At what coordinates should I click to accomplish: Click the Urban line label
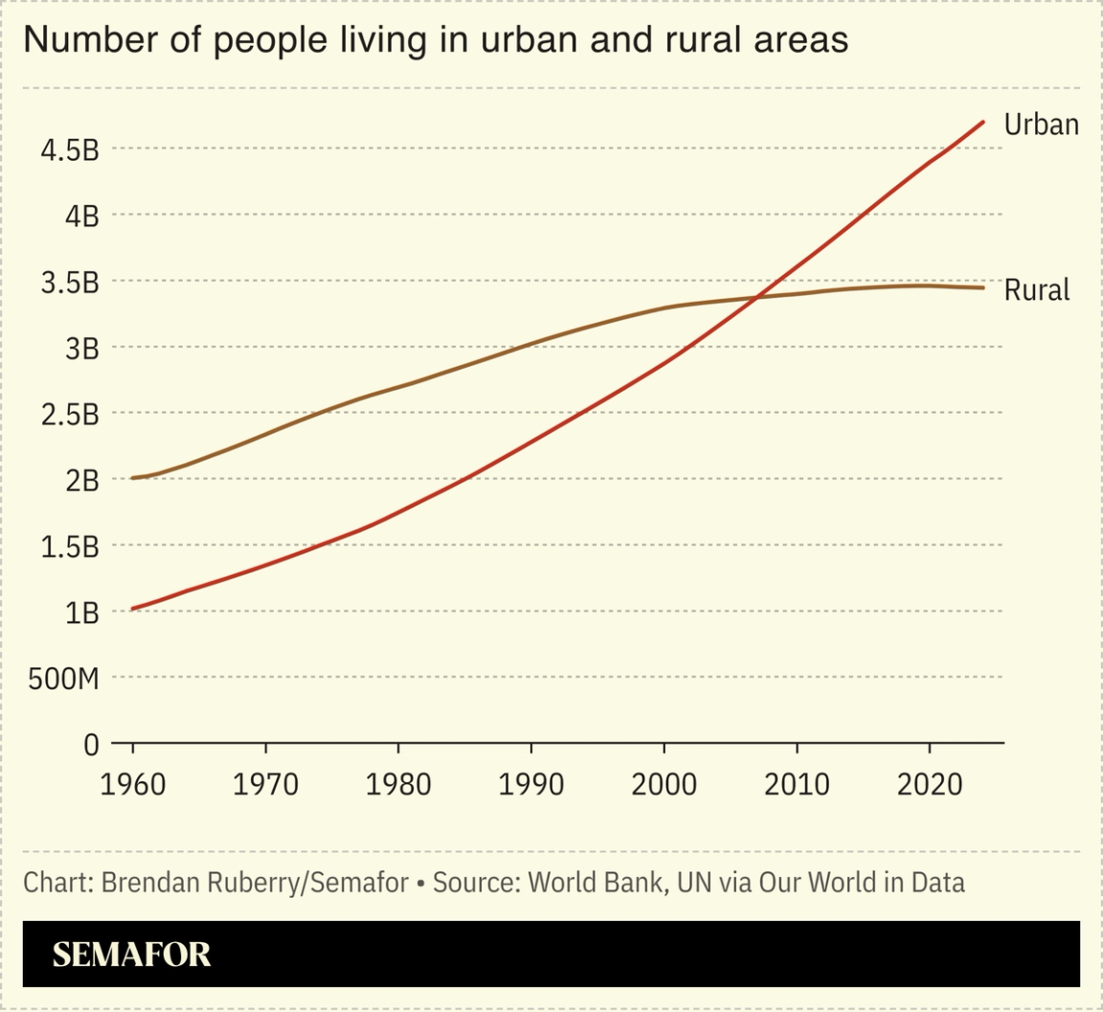pos(1041,124)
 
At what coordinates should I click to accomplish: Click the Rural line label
pos(1036,290)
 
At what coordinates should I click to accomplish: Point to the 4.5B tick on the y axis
pos(70,150)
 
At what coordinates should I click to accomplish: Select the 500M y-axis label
pos(63,679)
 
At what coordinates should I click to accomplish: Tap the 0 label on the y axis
pos(91,744)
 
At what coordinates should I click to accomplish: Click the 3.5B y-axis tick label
pos(70,282)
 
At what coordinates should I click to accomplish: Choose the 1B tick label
pos(81,613)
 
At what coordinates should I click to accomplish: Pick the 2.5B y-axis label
pos(70,415)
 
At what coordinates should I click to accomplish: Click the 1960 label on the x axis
pos(132,784)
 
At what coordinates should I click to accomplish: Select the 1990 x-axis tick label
pos(530,784)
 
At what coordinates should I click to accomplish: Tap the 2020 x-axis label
pos(929,784)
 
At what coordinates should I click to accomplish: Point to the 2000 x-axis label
pos(664,784)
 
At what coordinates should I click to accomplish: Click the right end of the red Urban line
pos(983,122)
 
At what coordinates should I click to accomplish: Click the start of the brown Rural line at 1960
pos(133,477)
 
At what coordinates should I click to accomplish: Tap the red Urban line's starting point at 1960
pos(133,608)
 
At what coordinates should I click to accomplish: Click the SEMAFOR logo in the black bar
pos(131,955)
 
